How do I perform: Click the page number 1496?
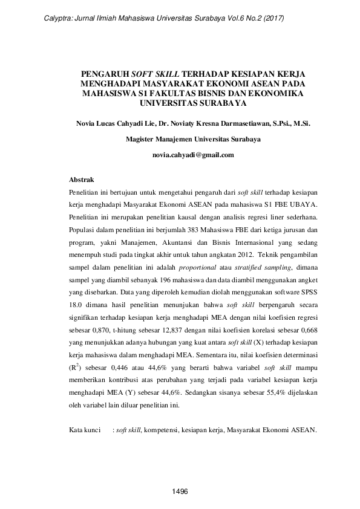[x=180, y=491]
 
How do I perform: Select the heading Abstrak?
[x=82, y=180]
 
